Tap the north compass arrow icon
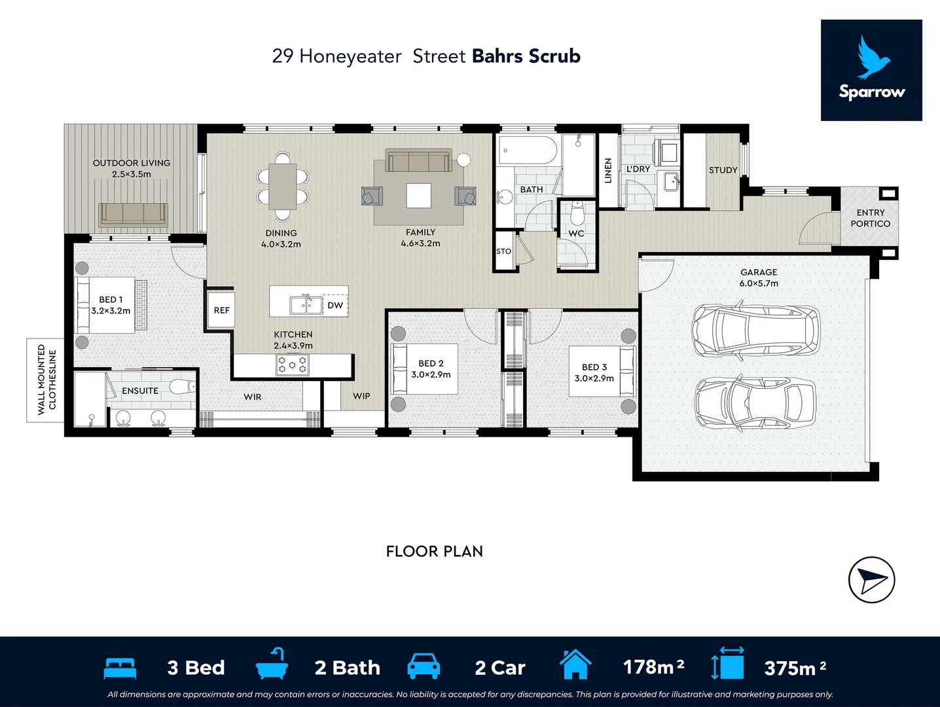(x=871, y=580)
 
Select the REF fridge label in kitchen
(x=222, y=310)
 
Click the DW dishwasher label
(x=335, y=305)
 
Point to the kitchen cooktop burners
(x=293, y=365)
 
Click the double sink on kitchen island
(x=306, y=306)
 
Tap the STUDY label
(x=723, y=170)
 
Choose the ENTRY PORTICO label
(x=870, y=218)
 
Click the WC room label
(x=576, y=234)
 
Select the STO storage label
(x=503, y=251)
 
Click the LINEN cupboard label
(x=608, y=170)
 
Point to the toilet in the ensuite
(x=183, y=387)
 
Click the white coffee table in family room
(x=419, y=195)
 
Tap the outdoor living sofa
(x=133, y=215)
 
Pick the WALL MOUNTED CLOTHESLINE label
(x=46, y=380)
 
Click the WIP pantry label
(x=361, y=396)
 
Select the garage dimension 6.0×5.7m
(x=759, y=283)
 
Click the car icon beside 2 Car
(x=424, y=666)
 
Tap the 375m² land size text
(x=795, y=668)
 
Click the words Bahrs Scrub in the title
(x=526, y=56)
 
